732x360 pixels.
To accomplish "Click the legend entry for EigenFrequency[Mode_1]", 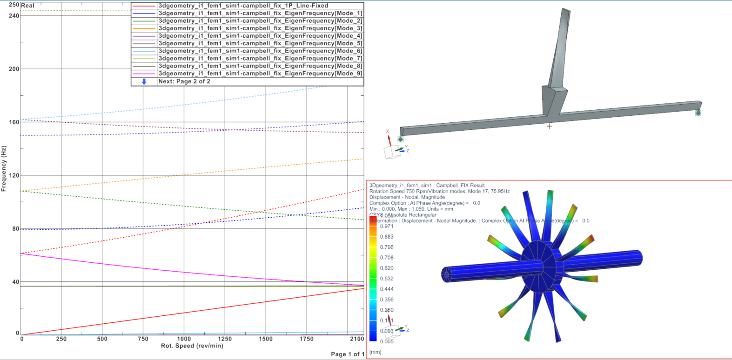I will (260, 13).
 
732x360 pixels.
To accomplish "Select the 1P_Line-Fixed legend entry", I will (243, 6).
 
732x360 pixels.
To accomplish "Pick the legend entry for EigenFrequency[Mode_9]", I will (260, 73).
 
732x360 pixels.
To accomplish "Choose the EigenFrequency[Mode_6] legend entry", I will (260, 51).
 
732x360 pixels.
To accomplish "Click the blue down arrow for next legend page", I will (144, 81).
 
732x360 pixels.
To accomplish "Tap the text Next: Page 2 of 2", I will (184, 81).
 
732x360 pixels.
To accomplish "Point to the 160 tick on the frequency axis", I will (14, 122).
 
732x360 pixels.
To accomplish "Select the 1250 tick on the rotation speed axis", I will (225, 339).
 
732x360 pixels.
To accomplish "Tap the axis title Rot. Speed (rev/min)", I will (192, 346).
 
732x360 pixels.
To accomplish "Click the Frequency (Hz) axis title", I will (4, 168).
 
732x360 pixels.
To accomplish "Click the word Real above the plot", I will (28, 6).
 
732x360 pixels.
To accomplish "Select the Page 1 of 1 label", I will (347, 354).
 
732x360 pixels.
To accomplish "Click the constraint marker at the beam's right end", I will (698, 113).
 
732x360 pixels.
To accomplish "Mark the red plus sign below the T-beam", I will (549, 126).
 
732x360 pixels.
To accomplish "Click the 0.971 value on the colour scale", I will (386, 227).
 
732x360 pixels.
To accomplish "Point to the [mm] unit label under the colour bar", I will (375, 352).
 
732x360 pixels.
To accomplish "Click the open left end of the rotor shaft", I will (446, 274).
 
